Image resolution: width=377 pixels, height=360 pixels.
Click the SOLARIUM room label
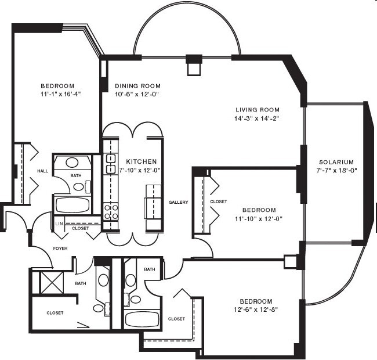click(336, 162)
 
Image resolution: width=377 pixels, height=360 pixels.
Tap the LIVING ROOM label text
click(258, 110)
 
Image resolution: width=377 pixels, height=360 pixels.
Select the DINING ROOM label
click(137, 86)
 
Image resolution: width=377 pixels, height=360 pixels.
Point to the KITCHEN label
click(142, 161)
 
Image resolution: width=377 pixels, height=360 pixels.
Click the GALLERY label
click(178, 202)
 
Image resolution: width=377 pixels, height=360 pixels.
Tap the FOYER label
click(60, 249)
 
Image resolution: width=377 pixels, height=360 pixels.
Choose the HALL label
click(42, 171)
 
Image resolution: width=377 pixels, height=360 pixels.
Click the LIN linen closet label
click(59, 224)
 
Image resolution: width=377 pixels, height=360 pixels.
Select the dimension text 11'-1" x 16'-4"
click(60, 94)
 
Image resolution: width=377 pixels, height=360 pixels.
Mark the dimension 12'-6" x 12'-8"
click(256, 309)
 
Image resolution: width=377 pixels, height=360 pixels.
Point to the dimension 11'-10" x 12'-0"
click(259, 219)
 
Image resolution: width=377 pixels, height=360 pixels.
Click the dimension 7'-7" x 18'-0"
click(336, 170)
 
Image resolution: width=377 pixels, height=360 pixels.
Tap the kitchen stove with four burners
click(111, 212)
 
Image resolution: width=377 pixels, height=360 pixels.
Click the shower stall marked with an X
click(51, 283)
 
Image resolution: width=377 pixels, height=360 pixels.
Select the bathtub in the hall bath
click(72, 205)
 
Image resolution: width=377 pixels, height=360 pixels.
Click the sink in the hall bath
click(72, 163)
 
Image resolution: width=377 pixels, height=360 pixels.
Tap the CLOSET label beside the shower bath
click(55, 313)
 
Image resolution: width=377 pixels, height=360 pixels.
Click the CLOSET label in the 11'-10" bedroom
click(218, 201)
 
